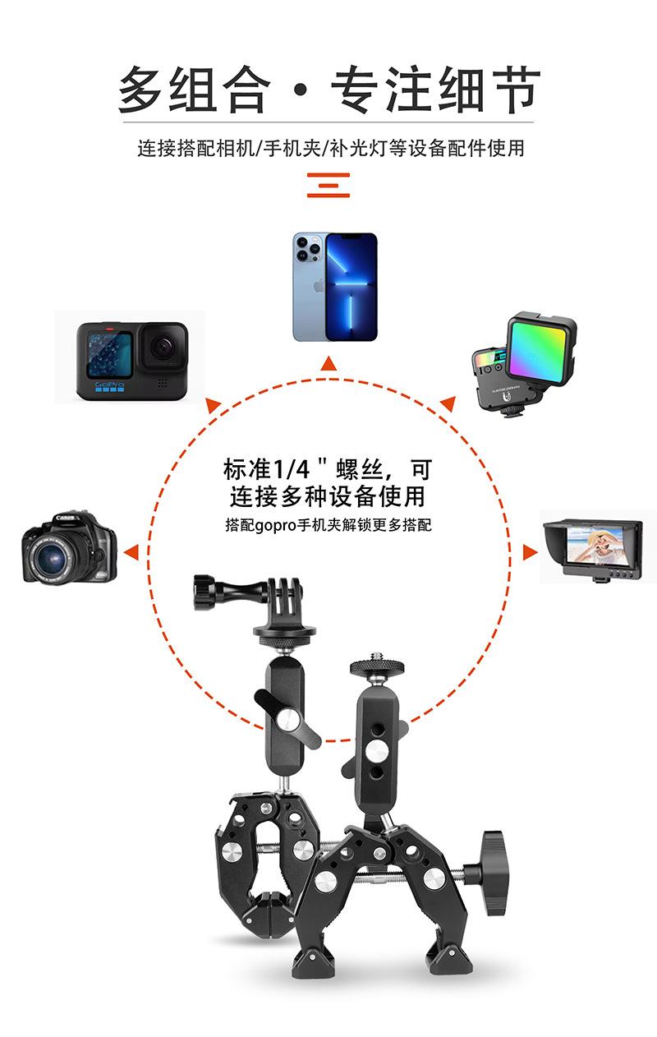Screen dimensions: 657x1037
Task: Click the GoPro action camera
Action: (131, 360)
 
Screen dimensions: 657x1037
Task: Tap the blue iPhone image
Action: (335, 286)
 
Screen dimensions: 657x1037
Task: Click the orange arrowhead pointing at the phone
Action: (328, 363)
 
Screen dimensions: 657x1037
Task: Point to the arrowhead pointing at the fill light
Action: (447, 403)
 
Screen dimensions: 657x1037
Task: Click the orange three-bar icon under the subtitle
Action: (328, 185)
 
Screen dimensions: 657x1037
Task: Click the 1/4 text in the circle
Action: (289, 470)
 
